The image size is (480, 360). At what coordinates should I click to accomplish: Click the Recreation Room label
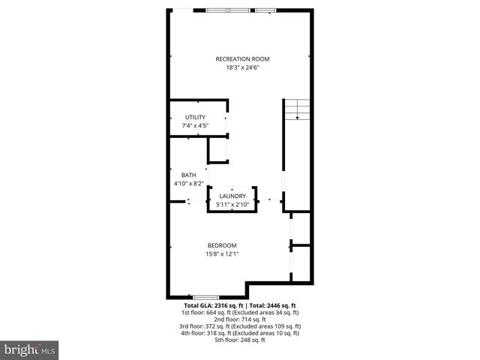[x=242, y=59]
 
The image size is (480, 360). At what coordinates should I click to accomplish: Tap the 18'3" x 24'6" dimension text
[x=242, y=67]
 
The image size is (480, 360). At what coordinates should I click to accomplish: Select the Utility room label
[x=195, y=117]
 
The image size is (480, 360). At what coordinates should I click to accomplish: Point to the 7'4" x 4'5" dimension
[x=195, y=125]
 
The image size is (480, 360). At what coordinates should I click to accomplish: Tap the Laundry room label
[x=232, y=196]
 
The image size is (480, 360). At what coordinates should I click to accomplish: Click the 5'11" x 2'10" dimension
[x=232, y=204]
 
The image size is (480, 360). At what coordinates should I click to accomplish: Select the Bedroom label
[x=222, y=245]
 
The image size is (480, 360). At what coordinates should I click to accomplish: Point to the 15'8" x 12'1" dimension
[x=222, y=253]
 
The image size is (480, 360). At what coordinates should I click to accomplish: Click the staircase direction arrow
[x=298, y=114]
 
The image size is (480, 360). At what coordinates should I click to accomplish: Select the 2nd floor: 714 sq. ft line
[x=240, y=319]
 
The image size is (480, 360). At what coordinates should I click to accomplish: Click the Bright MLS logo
[x=30, y=350]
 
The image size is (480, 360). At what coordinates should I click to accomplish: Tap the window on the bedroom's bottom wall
[x=206, y=298]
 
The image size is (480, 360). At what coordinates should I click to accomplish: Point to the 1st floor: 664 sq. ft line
[x=240, y=313]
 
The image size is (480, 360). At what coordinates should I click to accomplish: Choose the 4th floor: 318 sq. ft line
[x=240, y=333]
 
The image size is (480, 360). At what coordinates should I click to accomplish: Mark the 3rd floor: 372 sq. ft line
[x=240, y=326]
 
